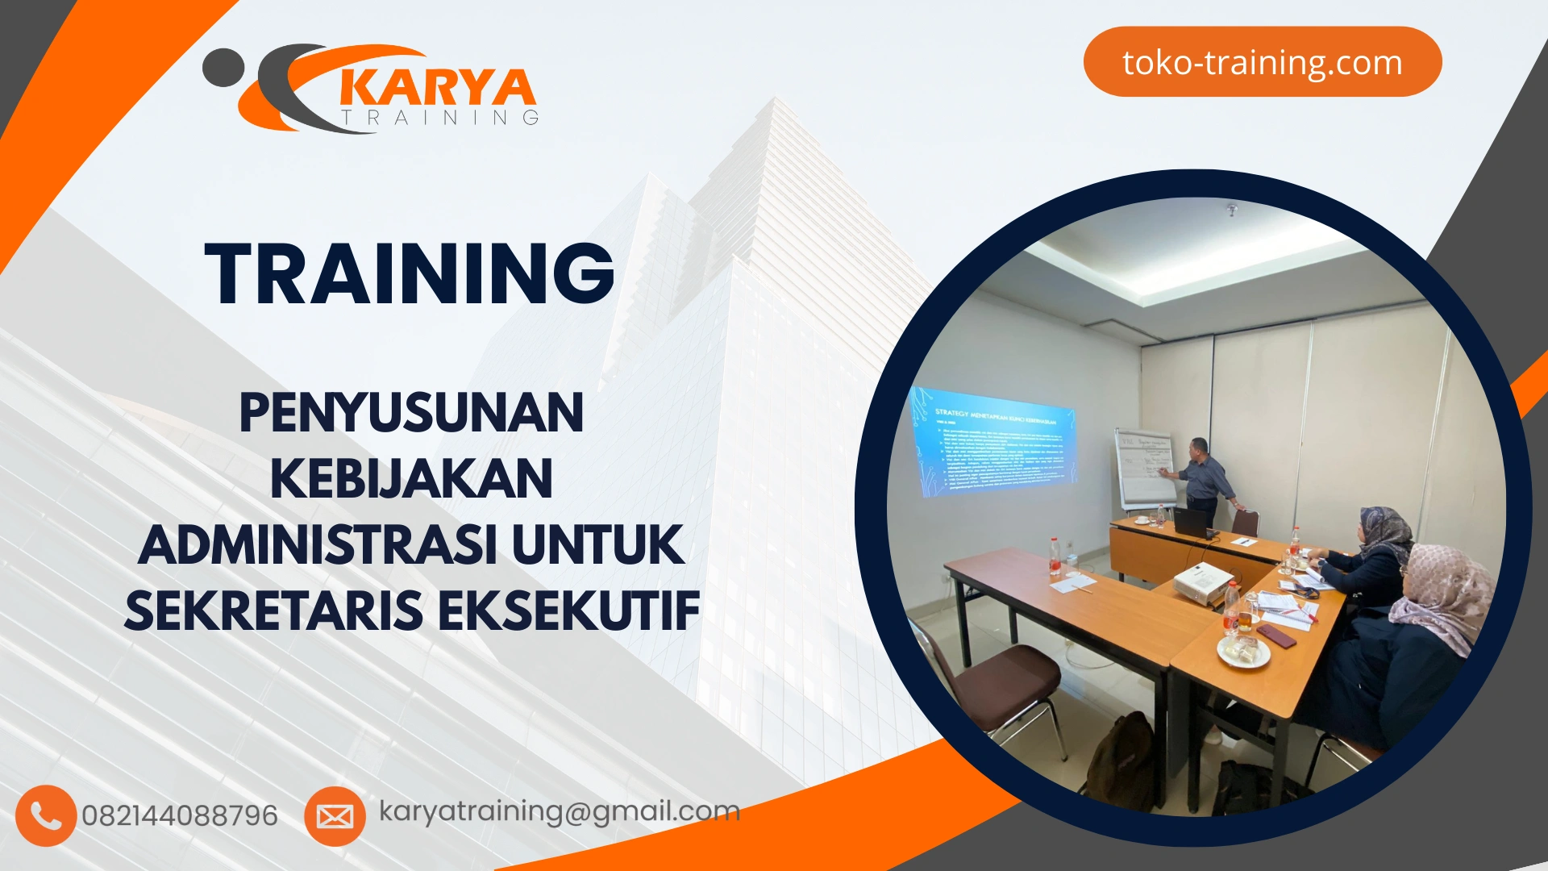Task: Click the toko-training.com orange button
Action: pyautogui.click(x=1262, y=62)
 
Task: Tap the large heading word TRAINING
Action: pyautogui.click(x=410, y=274)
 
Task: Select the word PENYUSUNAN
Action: pyautogui.click(x=411, y=413)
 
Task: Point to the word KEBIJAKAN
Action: pyautogui.click(x=411, y=479)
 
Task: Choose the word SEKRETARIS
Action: pyautogui.click(x=273, y=611)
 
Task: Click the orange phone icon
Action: pyautogui.click(x=46, y=815)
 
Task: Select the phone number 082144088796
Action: pyautogui.click(x=180, y=815)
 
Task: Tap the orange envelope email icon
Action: pyautogui.click(x=335, y=816)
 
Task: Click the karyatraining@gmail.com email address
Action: pyautogui.click(x=560, y=811)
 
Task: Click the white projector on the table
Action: pyautogui.click(x=1202, y=582)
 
